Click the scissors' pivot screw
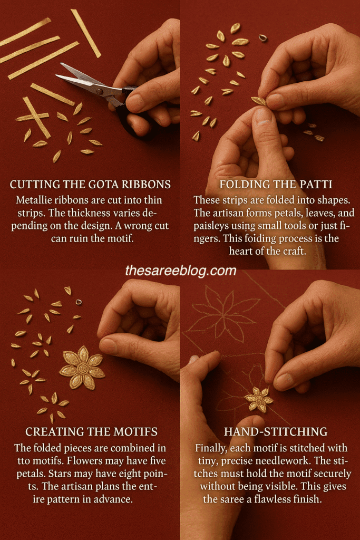coord(100,91)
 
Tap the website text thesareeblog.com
coord(181,271)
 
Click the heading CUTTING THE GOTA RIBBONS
coord(90,185)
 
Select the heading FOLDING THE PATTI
coord(276,185)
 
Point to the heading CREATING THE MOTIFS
coord(92,432)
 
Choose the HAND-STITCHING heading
coord(276,432)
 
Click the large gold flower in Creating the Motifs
coord(82,368)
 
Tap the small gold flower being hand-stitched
coord(259,399)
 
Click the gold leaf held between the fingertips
coord(259,101)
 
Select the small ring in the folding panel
coord(262,37)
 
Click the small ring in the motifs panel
coord(79,302)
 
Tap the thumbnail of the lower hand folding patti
coord(263,117)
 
